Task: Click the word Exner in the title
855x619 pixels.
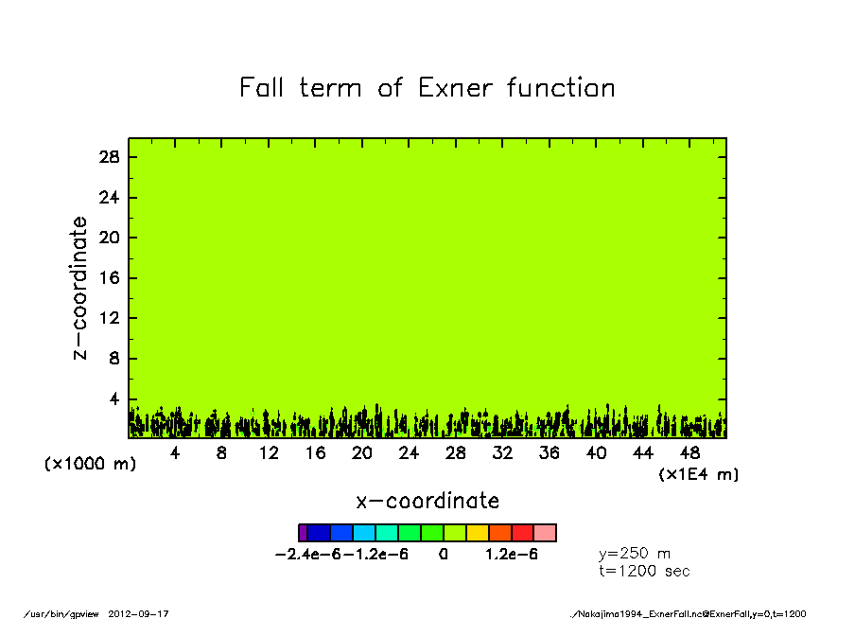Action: pos(455,88)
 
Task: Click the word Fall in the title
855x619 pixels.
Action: pos(261,87)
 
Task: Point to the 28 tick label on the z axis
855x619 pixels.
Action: pos(109,157)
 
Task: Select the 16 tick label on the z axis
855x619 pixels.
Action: pos(109,278)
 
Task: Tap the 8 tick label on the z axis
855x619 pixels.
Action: pos(113,359)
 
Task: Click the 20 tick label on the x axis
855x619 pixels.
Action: pos(362,453)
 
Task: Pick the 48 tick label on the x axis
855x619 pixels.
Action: pos(689,453)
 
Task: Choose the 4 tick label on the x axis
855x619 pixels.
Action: pos(174,453)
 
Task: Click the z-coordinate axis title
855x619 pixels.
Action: pos(79,288)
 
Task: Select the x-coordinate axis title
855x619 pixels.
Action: pos(427,501)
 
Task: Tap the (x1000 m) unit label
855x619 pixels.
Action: pos(90,464)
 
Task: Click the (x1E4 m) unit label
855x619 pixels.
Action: pos(699,474)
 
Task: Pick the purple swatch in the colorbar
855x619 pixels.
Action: pos(304,533)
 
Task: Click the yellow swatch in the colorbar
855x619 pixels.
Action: pos(477,533)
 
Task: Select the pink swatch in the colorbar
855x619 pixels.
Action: pos(545,533)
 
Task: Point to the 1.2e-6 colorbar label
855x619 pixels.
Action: pos(512,555)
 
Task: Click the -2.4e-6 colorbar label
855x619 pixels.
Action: pos(308,555)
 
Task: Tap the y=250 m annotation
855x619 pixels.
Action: pos(635,554)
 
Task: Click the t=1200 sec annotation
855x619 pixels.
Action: pos(644,572)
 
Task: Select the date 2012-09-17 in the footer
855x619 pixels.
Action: pos(138,614)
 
